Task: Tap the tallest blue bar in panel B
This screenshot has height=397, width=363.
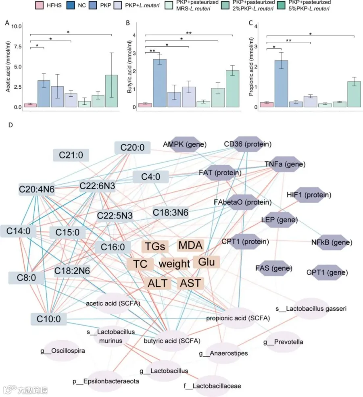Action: coord(160,83)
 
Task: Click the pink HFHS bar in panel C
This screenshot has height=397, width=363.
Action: coord(267,104)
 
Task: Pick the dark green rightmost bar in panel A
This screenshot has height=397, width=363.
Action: coord(111,91)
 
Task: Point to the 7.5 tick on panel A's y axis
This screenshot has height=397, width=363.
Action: coord(18,47)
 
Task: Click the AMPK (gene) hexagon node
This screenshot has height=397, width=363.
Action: coord(185,144)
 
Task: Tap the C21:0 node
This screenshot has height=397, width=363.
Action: coord(71,155)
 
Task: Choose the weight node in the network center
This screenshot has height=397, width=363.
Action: coord(174,264)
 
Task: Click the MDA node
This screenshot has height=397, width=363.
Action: coord(190,245)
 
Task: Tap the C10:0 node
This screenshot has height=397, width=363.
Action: coord(49,319)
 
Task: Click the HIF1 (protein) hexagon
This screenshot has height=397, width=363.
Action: coord(309,195)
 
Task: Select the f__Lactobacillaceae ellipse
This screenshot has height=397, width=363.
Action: coord(212,386)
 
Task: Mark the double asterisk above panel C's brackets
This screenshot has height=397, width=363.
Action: coord(289,41)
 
